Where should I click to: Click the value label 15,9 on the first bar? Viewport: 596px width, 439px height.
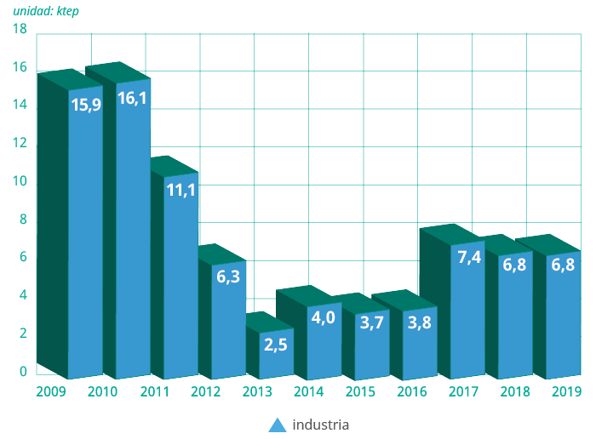pos(85,105)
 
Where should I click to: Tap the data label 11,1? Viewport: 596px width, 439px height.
pos(181,190)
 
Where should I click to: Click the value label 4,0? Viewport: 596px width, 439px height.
pos(323,318)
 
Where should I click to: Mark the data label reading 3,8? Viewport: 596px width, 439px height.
pos(419,322)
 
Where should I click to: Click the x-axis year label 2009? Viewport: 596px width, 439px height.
pos(51,391)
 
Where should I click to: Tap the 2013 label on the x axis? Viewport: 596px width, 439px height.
pos(258,391)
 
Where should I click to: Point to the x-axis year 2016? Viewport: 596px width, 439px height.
pos(412,391)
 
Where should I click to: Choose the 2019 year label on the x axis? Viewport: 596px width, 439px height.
pos(566,391)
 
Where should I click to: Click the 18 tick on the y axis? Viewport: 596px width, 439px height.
pos(20,30)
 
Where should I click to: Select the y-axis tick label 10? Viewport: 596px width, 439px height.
pos(20,181)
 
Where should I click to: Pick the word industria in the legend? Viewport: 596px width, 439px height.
pos(321,424)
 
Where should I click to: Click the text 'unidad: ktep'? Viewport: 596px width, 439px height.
pos(46,11)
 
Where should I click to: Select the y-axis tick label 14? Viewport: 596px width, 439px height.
pos(20,105)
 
